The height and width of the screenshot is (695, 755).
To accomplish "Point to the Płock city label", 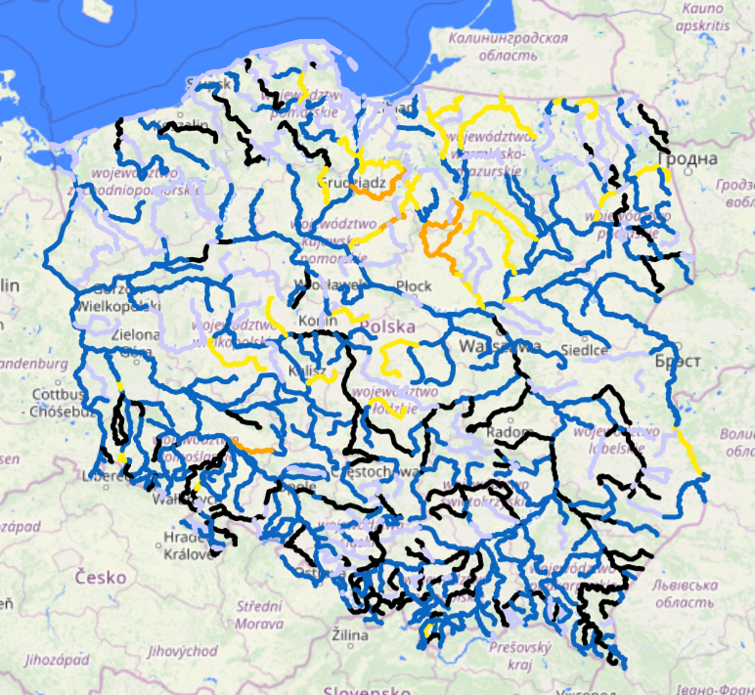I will (414, 285).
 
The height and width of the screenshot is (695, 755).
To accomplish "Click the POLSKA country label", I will (387, 326).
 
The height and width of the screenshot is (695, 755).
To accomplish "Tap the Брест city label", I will (679, 361).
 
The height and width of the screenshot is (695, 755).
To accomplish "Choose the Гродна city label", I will (686, 158).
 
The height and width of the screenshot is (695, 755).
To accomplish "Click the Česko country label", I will (101, 577).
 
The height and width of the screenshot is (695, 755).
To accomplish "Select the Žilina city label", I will (348, 636).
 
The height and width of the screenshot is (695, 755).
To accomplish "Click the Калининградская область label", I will (508, 46).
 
